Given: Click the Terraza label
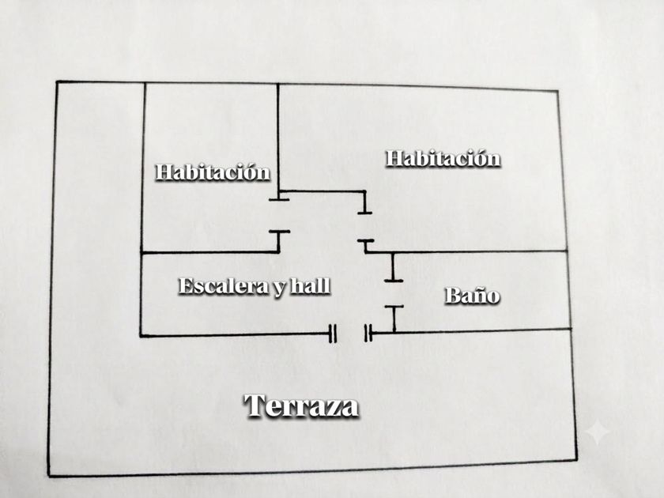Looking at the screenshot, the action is (301, 406).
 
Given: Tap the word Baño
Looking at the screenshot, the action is (472, 295).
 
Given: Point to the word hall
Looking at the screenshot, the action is (311, 286).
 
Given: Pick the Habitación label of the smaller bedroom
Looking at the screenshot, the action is (213, 172).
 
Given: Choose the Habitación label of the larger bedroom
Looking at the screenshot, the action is (443, 158).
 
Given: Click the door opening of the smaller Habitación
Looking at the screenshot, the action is (279, 216).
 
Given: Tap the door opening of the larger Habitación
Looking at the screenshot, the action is (365, 227).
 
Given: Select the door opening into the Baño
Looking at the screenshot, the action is (394, 293).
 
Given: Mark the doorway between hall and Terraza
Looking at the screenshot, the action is (351, 334).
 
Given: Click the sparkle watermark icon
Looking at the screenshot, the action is (598, 431).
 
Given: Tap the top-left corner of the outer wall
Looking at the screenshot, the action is (57, 81).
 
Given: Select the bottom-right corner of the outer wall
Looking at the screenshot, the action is (576, 460).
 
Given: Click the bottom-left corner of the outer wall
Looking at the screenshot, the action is (49, 476).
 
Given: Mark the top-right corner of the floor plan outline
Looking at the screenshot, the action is (557, 91).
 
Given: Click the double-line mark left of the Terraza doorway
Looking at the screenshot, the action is (333, 334).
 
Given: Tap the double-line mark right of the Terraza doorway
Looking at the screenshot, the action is (369, 333).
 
